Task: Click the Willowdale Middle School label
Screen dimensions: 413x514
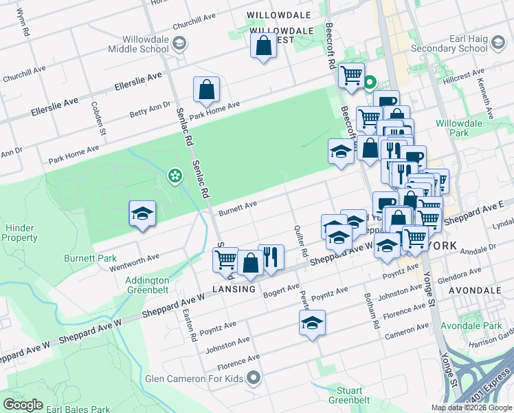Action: pos(137,44)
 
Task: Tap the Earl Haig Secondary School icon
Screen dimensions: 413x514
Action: pos(498,45)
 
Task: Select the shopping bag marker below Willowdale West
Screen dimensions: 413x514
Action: pos(264,47)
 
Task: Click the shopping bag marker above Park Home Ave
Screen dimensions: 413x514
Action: pos(206,89)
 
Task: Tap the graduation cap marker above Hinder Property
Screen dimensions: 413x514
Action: pos(142,213)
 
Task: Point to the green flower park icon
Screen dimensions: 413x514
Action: pos(175,176)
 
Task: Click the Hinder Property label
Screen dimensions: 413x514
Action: pos(19,233)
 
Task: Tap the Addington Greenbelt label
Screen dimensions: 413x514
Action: pos(147,285)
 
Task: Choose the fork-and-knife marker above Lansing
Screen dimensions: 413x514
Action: pos(271,257)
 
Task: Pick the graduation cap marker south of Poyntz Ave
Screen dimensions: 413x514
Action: pos(312,323)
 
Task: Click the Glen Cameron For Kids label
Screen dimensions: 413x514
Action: pos(194,378)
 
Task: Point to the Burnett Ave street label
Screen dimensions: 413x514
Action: pos(238,208)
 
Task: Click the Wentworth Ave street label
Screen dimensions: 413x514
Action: pos(139,262)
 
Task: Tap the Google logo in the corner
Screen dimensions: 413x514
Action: pos(23,404)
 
